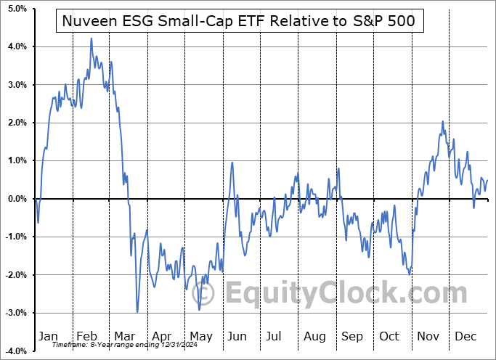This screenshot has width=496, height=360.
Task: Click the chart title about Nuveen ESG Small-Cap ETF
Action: point(239,21)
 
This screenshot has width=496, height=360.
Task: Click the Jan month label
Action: point(47,336)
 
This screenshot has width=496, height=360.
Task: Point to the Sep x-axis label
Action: point(352,336)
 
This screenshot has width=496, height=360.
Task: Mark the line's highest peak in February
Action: point(92,38)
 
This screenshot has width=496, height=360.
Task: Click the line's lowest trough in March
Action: point(137,312)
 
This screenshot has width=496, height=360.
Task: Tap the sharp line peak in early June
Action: point(232,163)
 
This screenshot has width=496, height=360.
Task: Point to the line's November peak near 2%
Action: point(442,122)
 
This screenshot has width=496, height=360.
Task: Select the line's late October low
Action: point(410,274)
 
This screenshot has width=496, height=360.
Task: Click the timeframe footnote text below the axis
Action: point(109,345)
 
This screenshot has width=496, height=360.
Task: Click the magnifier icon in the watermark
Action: point(204,294)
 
